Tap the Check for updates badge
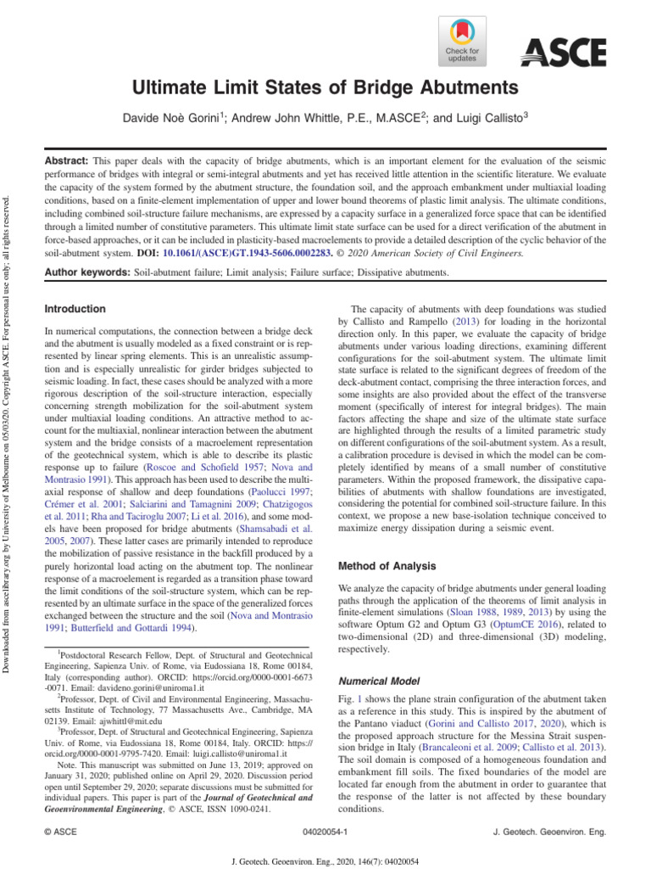[x=462, y=43]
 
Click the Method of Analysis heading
[x=387, y=565]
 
